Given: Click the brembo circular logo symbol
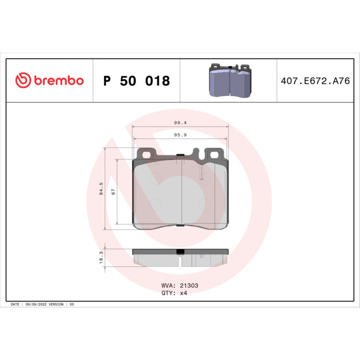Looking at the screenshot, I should click(x=22, y=81).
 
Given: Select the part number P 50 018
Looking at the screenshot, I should click(x=136, y=81).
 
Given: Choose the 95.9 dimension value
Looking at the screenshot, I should click(x=179, y=135).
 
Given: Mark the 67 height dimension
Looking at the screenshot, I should click(x=113, y=192).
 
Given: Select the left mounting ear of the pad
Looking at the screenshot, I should click(x=147, y=152).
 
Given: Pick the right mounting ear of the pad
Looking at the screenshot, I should click(x=213, y=152).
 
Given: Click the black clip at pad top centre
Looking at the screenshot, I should click(x=179, y=155).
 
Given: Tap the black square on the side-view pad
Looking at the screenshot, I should click(x=179, y=252).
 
